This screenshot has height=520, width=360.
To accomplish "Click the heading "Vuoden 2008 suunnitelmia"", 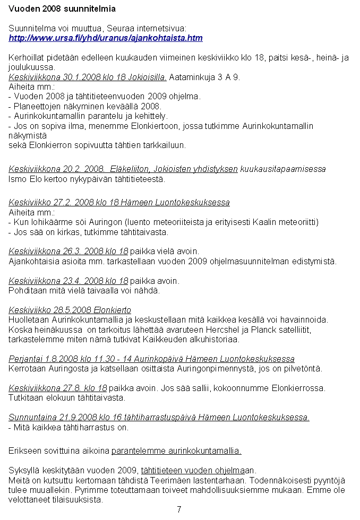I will [x=62, y=9].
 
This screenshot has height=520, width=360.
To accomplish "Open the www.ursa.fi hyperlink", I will [x=106, y=38].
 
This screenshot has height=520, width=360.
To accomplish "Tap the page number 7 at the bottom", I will [x=179, y=509].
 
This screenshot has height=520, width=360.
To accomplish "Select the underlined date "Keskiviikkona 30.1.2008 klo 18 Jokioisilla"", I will [x=88, y=77].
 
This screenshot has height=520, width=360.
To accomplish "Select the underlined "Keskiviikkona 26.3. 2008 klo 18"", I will [x=68, y=251].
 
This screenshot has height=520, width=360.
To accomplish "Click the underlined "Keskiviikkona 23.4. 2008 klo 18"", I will [x=68, y=281].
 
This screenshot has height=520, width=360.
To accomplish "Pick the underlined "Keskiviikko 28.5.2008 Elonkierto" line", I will [x=70, y=310].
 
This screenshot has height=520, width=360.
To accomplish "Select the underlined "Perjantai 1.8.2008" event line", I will [x=151, y=359].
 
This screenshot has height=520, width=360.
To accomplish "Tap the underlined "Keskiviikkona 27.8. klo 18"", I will [x=57, y=388].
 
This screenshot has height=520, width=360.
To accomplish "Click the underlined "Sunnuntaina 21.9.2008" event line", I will [x=159, y=418].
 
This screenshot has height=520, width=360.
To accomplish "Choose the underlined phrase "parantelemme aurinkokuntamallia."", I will [x=176, y=451].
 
